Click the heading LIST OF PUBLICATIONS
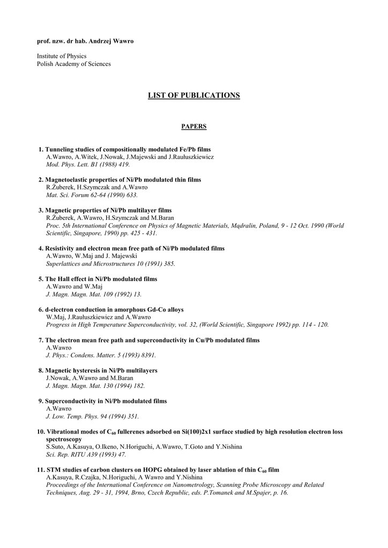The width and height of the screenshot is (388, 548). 193,96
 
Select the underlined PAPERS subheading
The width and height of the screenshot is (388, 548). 193,126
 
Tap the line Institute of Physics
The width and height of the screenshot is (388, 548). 62,56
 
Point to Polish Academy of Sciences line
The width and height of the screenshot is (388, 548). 74,64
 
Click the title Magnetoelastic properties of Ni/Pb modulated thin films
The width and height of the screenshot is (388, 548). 123,180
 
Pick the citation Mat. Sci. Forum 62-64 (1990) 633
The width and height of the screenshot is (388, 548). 88,195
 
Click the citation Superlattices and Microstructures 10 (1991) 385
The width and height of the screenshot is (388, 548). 110,264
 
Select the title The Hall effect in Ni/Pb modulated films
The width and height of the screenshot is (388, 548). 101,279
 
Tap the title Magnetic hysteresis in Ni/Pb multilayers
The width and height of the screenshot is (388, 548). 101,370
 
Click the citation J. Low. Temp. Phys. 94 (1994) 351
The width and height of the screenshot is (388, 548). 92,416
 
